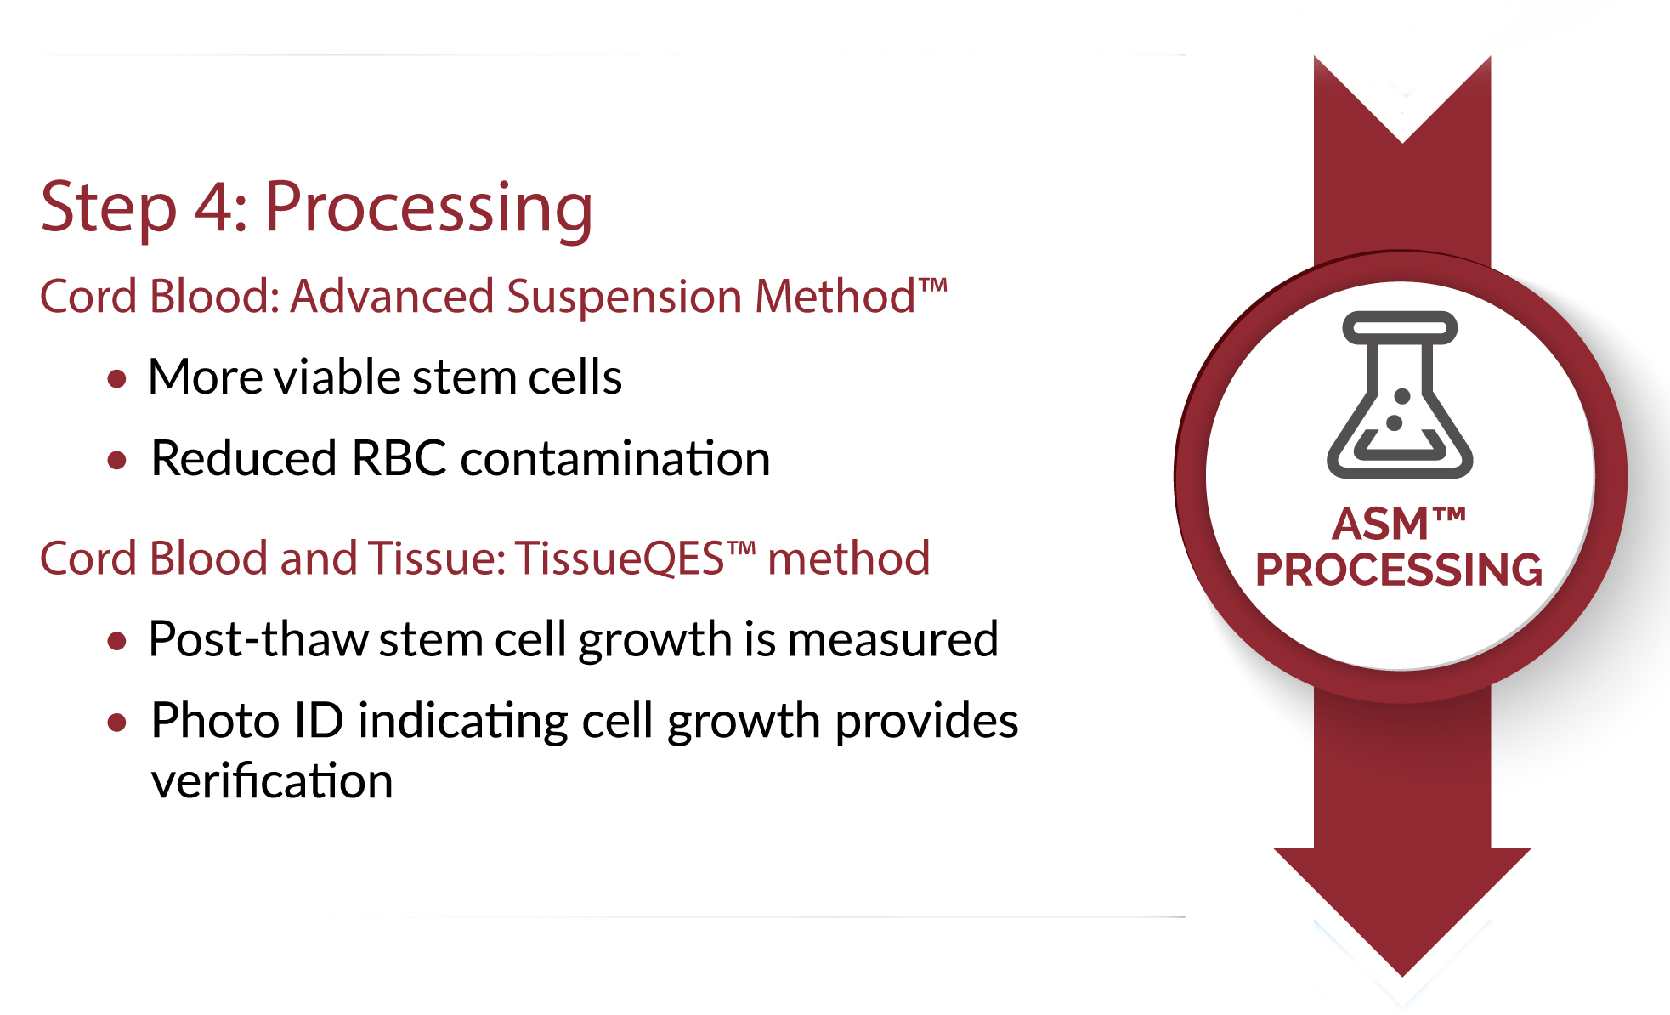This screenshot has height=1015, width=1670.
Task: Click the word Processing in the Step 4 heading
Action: pos(428,208)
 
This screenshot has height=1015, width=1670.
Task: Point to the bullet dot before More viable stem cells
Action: pos(117,378)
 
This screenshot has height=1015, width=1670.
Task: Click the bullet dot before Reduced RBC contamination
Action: pos(117,461)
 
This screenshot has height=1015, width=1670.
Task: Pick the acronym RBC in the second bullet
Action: pos(399,459)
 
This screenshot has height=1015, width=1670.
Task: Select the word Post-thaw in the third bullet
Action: pos(258,639)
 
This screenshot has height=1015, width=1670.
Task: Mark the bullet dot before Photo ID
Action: pos(117,723)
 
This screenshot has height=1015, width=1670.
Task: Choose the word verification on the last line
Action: pos(272,781)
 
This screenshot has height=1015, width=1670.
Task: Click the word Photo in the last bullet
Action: pos(215,721)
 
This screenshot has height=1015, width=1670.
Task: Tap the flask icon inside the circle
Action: pos(1400,395)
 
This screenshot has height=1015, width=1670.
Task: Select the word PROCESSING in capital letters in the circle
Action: pos(1399,570)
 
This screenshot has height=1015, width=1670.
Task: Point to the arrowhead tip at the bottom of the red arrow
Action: pos(1402,977)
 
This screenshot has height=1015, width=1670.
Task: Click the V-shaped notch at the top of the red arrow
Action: pos(1402,142)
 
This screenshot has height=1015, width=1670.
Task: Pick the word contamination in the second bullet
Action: pos(615,459)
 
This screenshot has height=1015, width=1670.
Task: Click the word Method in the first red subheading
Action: pos(835,297)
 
